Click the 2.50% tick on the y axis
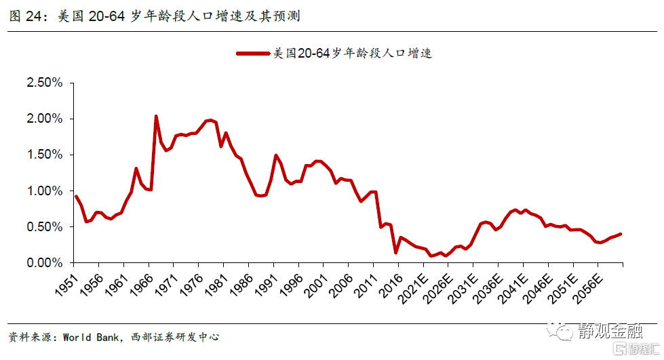click(x=43, y=83)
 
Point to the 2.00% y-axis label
click(x=43, y=119)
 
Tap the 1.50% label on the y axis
click(x=43, y=155)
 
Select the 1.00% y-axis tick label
click(x=43, y=191)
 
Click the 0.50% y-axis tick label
click(x=43, y=226)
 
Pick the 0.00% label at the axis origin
click(x=43, y=262)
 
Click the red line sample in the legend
click(x=252, y=53)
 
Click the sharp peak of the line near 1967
click(x=156, y=116)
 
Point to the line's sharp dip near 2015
click(x=395, y=253)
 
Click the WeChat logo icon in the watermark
click(x=562, y=330)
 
